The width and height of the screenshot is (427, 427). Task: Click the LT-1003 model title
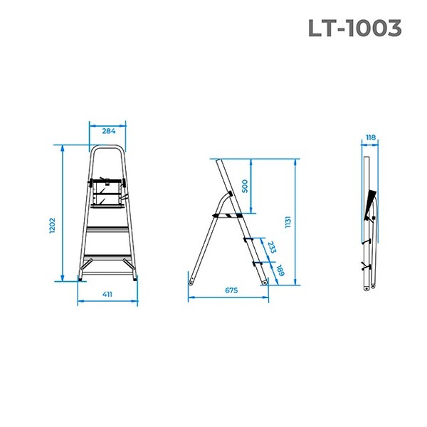click(355, 28)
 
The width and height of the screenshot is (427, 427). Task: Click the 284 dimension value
click(109, 131)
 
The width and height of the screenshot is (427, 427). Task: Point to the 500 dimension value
click(245, 186)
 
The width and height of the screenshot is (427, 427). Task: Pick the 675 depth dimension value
click(231, 290)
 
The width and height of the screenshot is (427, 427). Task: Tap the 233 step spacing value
click(271, 247)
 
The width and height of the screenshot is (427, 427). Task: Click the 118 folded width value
click(370, 138)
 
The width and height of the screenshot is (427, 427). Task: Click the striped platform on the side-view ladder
click(227, 213)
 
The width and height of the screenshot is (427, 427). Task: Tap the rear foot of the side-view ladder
click(191, 280)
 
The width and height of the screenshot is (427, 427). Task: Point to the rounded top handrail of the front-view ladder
click(109, 148)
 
